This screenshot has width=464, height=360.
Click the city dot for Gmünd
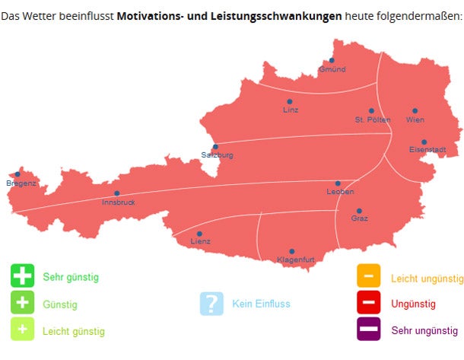point(332,60)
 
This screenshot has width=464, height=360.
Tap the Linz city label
point(291,110)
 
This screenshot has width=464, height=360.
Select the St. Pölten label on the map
point(372,120)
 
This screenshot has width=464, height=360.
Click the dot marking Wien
point(415,110)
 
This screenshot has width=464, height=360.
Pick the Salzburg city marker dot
point(215,147)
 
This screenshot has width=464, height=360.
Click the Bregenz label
point(21,183)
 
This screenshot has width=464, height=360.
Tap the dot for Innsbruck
point(117,193)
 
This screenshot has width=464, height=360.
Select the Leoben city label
point(340,192)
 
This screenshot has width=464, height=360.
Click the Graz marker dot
point(359,211)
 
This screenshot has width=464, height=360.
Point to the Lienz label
point(200,242)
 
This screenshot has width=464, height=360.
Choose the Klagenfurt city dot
point(291,251)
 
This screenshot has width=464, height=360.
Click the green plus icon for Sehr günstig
point(23,276)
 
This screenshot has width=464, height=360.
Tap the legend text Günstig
point(60,304)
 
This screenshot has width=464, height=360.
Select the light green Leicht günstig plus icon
point(23,330)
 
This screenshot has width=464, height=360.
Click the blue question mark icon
point(211,304)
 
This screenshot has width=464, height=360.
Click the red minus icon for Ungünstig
point(369,304)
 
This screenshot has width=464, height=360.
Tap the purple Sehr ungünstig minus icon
point(369,330)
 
